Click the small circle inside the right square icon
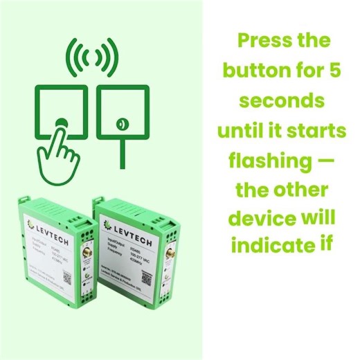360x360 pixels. pyautogui.click(x=122, y=124)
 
